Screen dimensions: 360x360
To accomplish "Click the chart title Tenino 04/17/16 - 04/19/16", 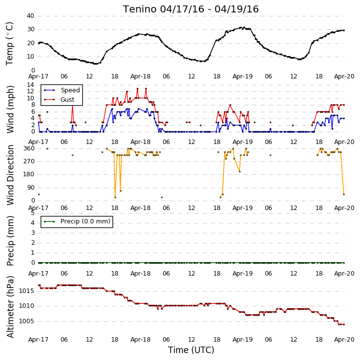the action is pos(190,9).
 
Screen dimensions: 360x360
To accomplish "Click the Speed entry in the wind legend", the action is pos(70,90).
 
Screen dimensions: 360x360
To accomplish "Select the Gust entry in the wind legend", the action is pos(67,99).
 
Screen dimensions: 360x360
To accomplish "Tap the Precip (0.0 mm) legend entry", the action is pos(85,221).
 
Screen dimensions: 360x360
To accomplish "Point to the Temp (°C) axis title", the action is pos(9,44).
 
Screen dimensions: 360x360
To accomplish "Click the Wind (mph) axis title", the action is pos(10,109).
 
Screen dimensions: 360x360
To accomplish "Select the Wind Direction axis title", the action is pos(10,175).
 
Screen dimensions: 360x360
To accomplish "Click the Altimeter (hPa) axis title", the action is pos(10,307).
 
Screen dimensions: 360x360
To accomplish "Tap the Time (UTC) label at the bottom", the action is pos(191,350).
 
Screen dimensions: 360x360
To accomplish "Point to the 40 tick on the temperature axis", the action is pos(31,16).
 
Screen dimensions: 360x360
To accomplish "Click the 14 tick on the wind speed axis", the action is pos(31,85).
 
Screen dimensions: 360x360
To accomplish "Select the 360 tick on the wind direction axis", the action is pos(29,148).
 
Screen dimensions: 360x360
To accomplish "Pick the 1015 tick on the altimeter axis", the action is pos(26,291).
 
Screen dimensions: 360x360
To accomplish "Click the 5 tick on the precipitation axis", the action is pos(33,213).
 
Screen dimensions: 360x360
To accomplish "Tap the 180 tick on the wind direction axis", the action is pos(29,174).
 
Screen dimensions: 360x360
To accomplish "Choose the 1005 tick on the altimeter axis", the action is pos(26,321).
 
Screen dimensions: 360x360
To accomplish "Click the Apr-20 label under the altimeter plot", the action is pos(344,340).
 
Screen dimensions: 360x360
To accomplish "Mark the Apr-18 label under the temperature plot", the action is pos(140,76).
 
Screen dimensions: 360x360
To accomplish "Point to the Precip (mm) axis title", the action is pos(10,241).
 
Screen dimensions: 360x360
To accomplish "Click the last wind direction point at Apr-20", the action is pos(344,195).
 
